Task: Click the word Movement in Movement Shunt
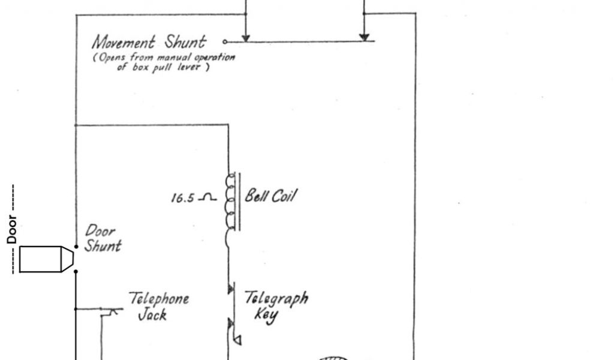tap(124, 43)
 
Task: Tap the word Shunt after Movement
tap(185, 42)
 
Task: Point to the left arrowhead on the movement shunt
tap(246, 38)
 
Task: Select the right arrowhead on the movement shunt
tap(364, 38)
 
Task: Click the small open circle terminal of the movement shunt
tap(225, 42)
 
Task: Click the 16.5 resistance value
tap(182, 197)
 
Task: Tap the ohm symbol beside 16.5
tap(208, 197)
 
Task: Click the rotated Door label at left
tap(12, 230)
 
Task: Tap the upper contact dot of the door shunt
tap(76, 247)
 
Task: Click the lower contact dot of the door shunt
tap(76, 271)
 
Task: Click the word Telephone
tap(159, 299)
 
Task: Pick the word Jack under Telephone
tap(152, 314)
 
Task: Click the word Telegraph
tap(276, 298)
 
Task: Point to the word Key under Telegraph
tap(266, 315)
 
